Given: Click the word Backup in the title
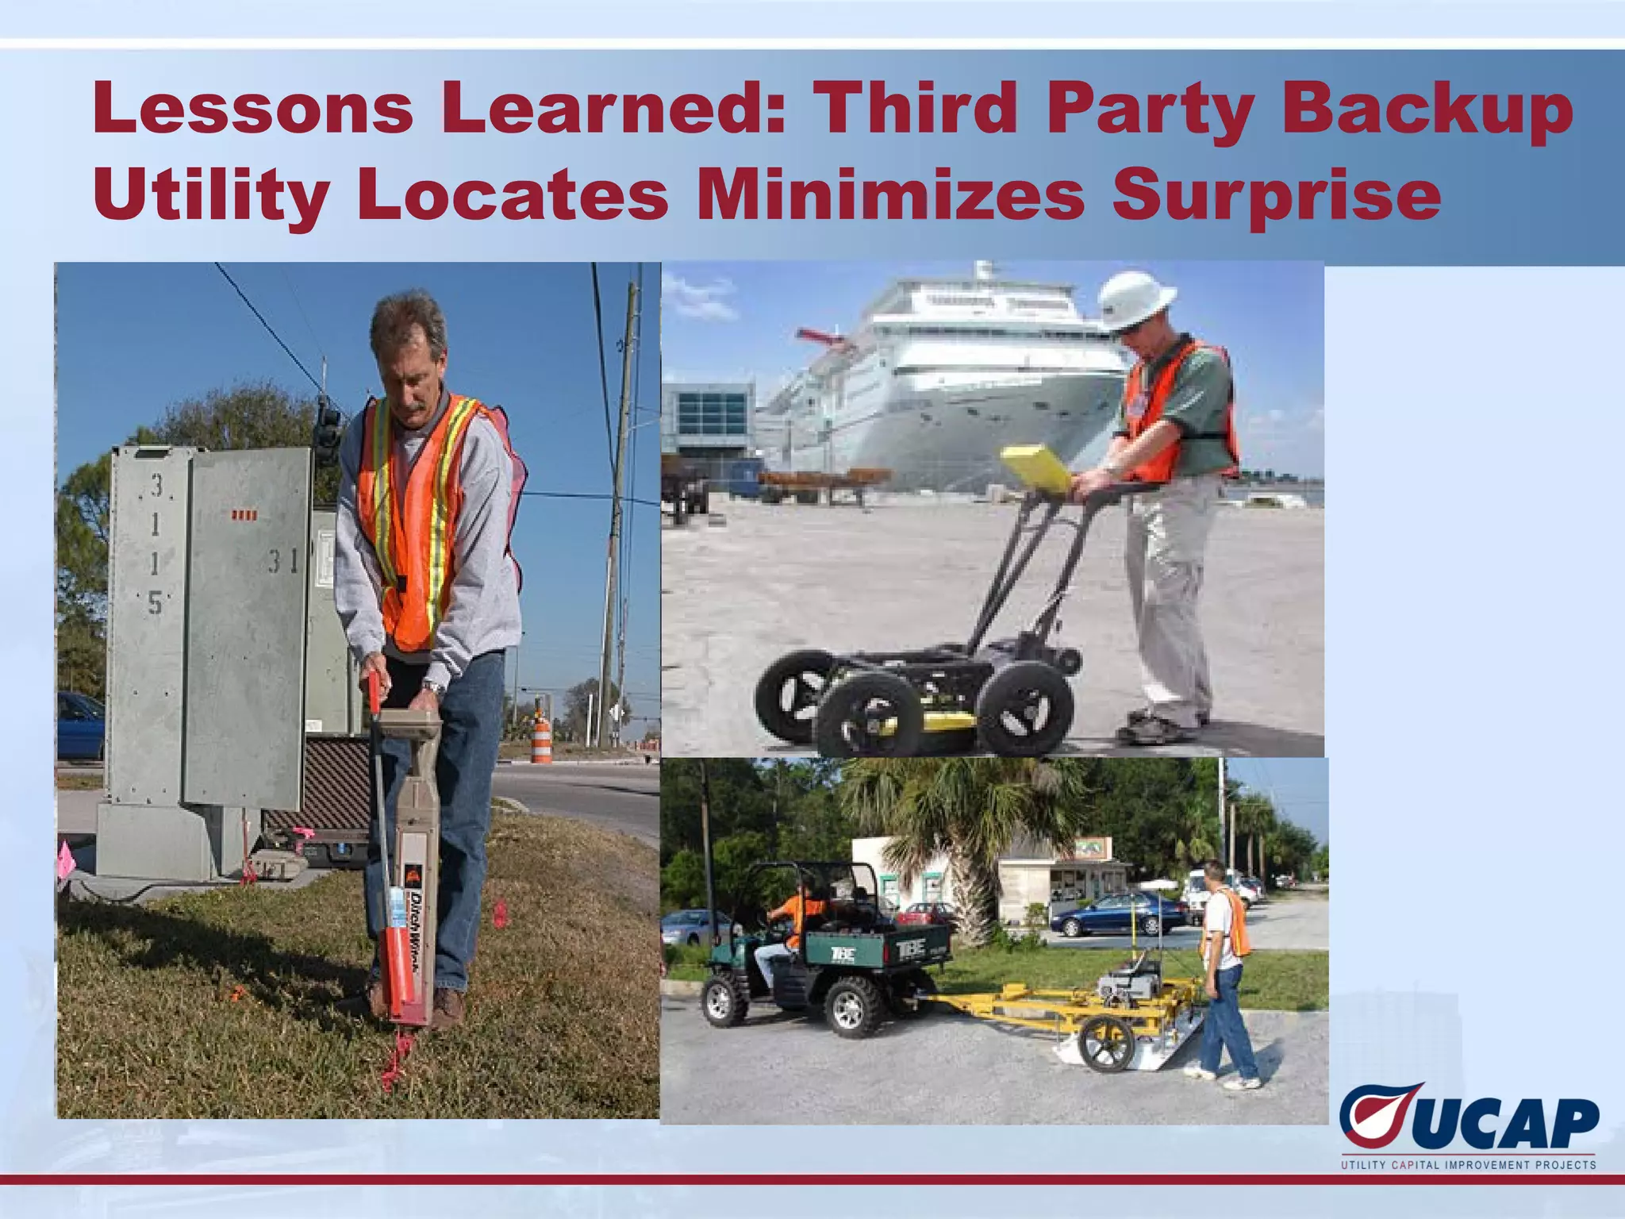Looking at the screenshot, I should point(1427,110).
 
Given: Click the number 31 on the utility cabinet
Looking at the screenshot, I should point(282,561).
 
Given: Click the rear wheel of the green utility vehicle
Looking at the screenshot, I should point(853,1006).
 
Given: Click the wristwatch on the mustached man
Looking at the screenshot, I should point(431,686).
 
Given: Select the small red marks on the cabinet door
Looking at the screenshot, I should point(244,516).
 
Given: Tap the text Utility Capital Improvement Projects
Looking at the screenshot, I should point(1468,1165).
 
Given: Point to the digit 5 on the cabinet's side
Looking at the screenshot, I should point(155,604).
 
